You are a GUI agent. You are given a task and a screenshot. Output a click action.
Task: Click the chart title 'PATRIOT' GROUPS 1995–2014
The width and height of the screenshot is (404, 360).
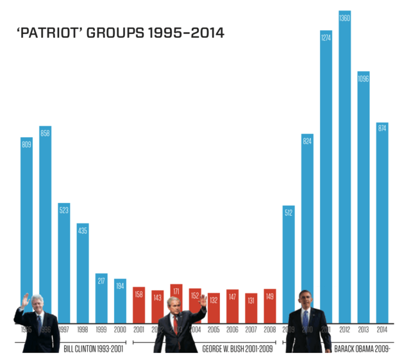121,33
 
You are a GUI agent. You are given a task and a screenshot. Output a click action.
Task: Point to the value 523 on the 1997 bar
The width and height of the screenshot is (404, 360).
64,209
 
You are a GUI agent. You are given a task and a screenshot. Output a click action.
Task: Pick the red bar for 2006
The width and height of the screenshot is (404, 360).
232,306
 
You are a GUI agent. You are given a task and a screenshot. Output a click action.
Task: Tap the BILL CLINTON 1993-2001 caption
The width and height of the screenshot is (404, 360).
93,349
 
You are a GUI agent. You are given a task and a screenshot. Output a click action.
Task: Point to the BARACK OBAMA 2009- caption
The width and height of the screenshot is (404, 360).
362,349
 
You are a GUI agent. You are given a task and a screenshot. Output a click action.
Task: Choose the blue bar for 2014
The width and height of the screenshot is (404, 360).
382,224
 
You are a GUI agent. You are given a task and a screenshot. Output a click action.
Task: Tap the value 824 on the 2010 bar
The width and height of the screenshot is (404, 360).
307,140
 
